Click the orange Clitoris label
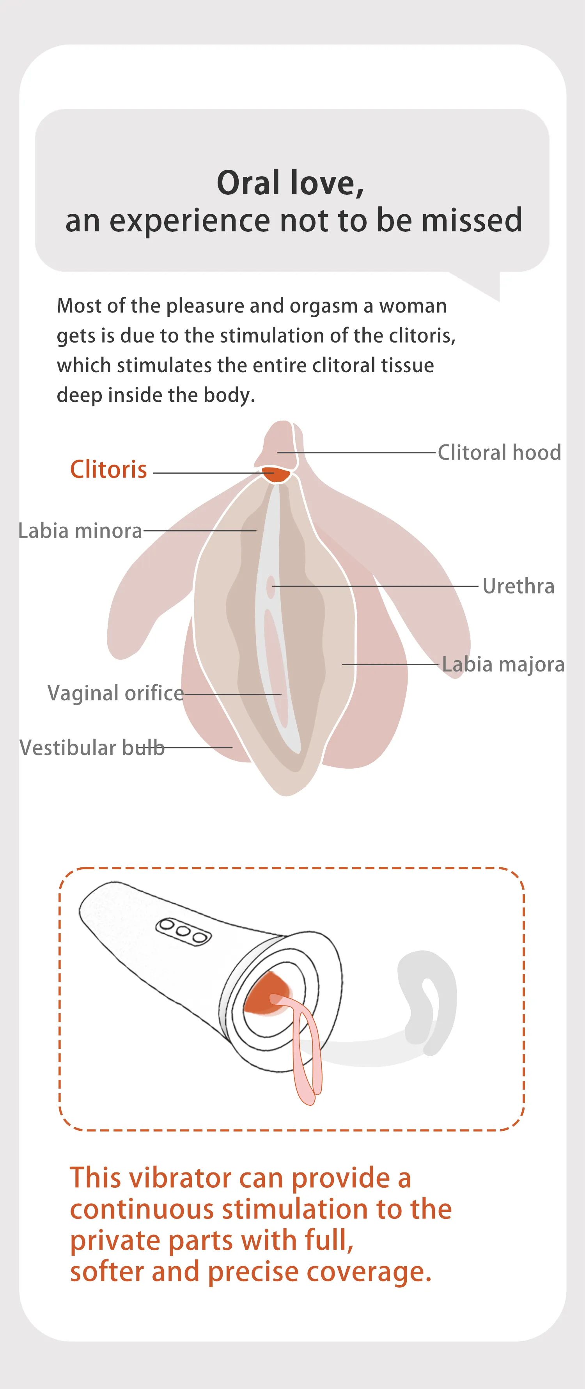(108, 469)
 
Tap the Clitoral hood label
(499, 452)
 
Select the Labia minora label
(80, 531)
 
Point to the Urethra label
(518, 586)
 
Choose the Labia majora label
(503, 664)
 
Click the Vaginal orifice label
(115, 693)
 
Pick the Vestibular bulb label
(92, 748)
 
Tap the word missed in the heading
(472, 220)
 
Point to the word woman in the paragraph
(413, 306)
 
